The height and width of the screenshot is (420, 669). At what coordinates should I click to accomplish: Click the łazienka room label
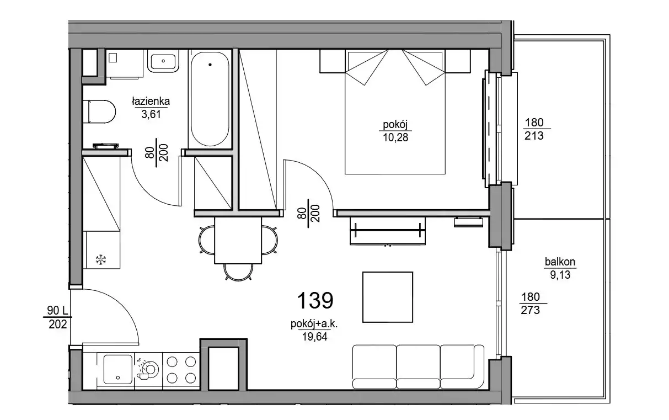[x=151, y=102]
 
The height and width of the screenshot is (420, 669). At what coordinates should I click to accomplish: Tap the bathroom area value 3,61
[x=151, y=114]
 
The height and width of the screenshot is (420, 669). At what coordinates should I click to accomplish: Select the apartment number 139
[x=315, y=300]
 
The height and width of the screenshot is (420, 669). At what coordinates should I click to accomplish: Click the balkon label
[x=560, y=262]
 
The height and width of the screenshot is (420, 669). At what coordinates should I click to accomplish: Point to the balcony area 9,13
[x=560, y=275]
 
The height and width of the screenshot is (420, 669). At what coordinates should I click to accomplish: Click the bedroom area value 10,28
[x=395, y=137]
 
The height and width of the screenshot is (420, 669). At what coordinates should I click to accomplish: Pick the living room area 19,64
[x=314, y=337]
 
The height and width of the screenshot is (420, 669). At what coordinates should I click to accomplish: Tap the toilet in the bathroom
[x=99, y=111]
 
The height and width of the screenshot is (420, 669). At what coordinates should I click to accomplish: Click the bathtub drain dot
[x=210, y=65]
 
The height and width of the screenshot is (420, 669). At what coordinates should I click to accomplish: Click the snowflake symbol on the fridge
[x=101, y=259]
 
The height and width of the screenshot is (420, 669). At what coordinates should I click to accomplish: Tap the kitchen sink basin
[x=117, y=369]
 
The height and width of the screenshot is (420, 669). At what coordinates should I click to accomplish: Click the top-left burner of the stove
[x=172, y=362]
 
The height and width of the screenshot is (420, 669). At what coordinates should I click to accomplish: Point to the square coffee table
[x=388, y=297]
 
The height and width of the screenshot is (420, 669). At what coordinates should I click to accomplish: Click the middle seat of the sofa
[x=418, y=367]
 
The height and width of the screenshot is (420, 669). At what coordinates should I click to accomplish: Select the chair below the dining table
[x=238, y=272]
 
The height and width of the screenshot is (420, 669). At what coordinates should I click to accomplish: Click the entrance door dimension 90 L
[x=58, y=311]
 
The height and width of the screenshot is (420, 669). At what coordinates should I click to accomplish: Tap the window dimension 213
[x=534, y=136]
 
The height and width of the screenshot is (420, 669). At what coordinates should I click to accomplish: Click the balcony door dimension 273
[x=531, y=310]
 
